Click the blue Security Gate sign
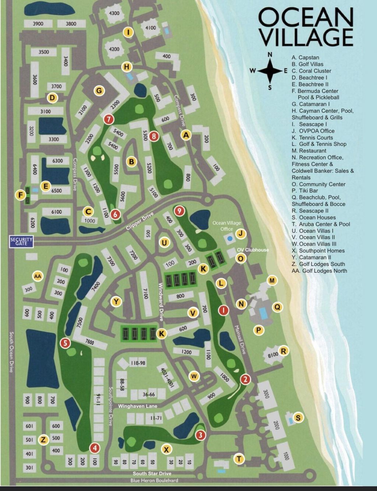(22, 242)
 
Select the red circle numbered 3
(200, 435)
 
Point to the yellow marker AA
(38, 276)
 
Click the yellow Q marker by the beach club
(277, 307)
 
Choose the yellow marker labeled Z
(43, 440)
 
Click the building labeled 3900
(38, 24)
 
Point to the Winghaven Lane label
(137, 406)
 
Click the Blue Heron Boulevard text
(154, 480)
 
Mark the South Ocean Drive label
(11, 351)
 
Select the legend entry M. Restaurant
(309, 151)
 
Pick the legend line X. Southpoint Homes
(318, 250)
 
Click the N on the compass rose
(270, 55)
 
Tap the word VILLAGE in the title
(306, 38)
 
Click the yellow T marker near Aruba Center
(239, 459)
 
